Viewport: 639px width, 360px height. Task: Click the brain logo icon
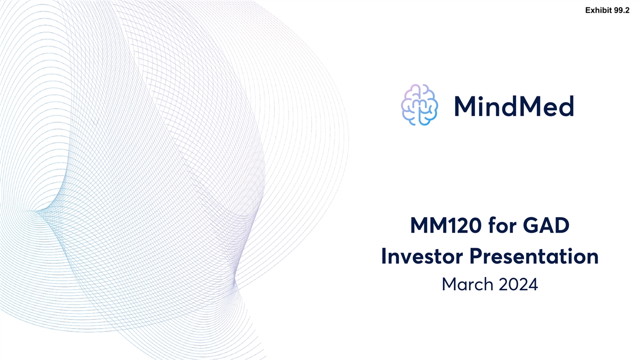419,105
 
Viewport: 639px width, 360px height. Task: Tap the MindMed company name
514,106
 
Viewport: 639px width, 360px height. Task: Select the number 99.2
622,10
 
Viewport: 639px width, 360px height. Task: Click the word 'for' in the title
502,225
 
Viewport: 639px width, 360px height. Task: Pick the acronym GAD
546,225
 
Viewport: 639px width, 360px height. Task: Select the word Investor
422,256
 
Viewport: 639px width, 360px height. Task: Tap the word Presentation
534,256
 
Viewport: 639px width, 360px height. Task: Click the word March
468,284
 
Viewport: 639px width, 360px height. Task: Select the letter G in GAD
531,225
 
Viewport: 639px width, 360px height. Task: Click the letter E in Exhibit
588,10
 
